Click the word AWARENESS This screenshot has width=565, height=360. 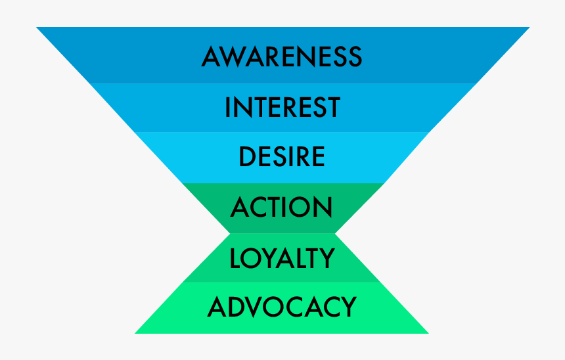coord(282,56)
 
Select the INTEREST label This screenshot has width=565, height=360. coord(282,108)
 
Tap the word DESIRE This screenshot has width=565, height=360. coord(282,157)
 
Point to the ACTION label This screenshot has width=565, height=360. coord(282,208)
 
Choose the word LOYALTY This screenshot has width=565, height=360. coord(282,258)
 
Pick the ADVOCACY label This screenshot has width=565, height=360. coord(282,307)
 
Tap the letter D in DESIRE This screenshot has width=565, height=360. coord(247,157)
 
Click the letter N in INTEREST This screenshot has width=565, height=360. coord(242,108)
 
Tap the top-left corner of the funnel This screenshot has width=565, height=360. coord(37,28)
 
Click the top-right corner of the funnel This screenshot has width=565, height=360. coord(529,28)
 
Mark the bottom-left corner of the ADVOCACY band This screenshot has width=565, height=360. coord(136,332)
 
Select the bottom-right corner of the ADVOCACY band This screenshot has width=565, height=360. coord(428,332)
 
